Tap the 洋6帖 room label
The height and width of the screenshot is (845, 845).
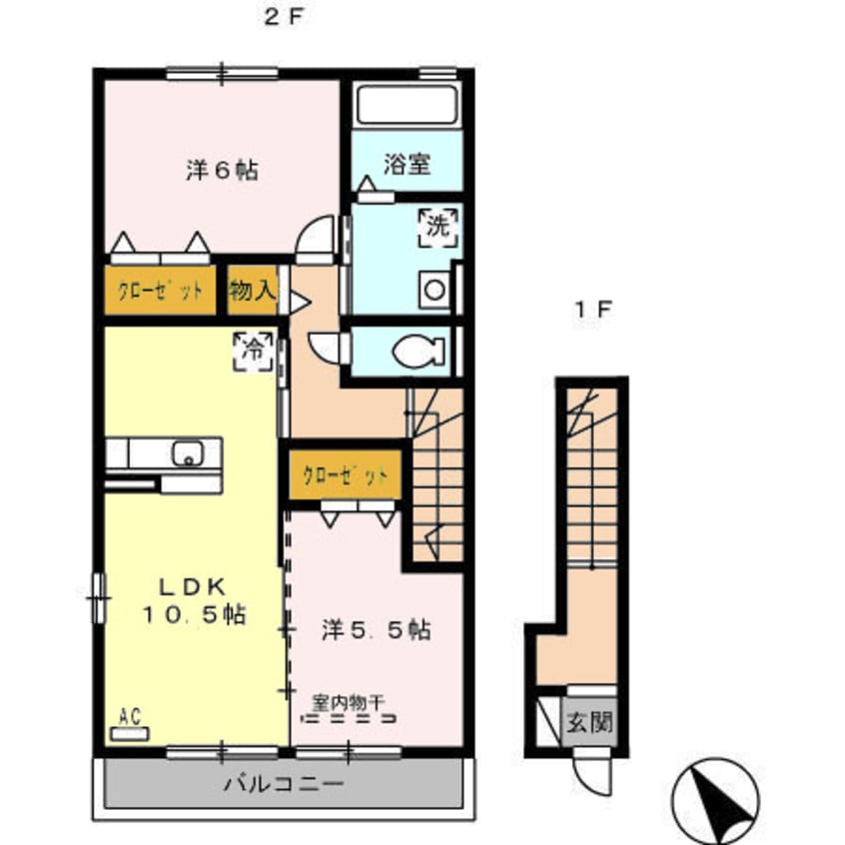point(222,171)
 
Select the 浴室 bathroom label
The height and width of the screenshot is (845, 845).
point(408,165)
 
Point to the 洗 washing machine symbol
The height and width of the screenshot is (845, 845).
point(438,226)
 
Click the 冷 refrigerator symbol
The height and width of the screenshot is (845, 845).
point(254,351)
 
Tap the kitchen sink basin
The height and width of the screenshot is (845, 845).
point(188,453)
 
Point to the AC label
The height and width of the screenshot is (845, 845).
point(129,716)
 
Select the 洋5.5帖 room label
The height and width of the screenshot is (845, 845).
point(376,630)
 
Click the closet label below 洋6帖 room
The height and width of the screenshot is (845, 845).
point(160,292)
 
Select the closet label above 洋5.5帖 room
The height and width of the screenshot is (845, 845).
point(346,474)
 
